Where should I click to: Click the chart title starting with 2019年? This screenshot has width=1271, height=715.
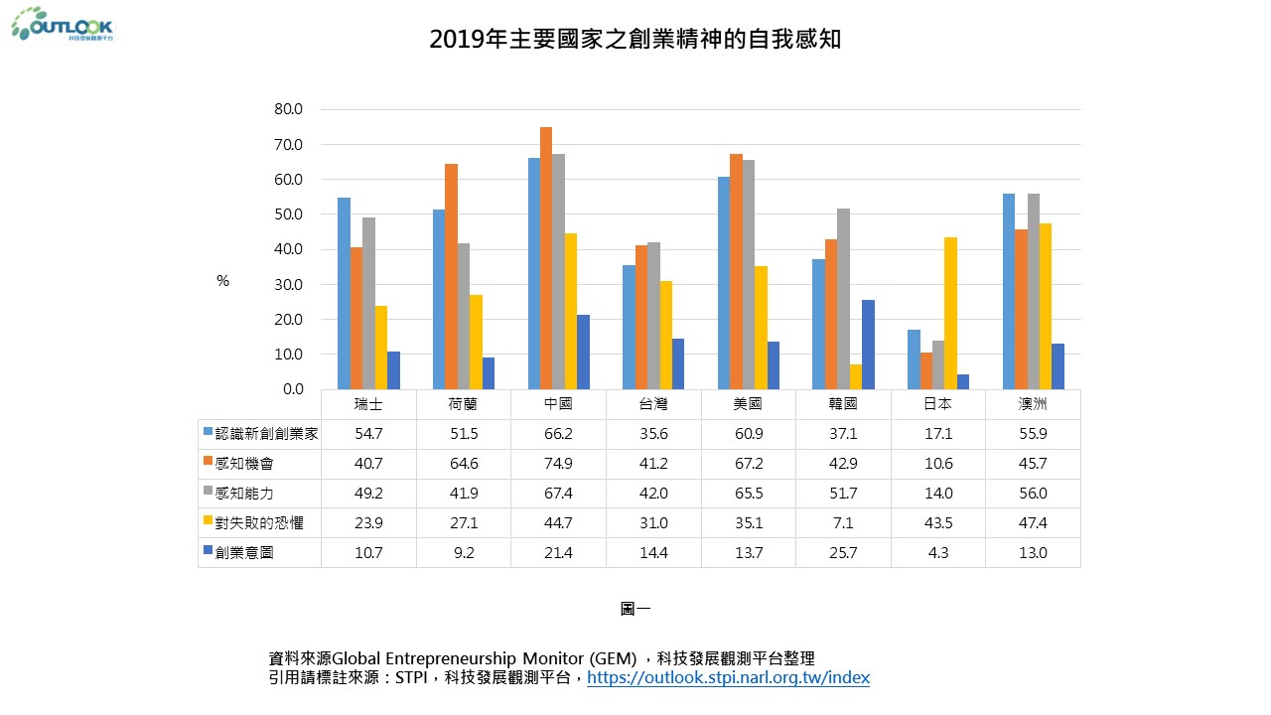635,39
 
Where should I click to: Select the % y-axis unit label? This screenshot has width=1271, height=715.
223,281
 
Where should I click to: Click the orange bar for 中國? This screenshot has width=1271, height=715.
546,258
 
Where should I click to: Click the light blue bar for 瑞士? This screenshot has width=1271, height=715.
344,293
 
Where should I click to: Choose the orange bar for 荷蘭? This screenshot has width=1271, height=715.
451,276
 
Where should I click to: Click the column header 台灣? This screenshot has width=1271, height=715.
653,404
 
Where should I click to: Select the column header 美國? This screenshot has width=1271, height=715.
748,404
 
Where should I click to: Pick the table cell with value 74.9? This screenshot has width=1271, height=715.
558,464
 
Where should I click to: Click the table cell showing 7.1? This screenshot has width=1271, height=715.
843,523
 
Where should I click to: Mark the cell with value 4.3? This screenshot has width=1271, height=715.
938,553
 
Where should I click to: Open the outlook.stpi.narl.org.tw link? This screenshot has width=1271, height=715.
728,678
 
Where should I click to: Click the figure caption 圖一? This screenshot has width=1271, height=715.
635,609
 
